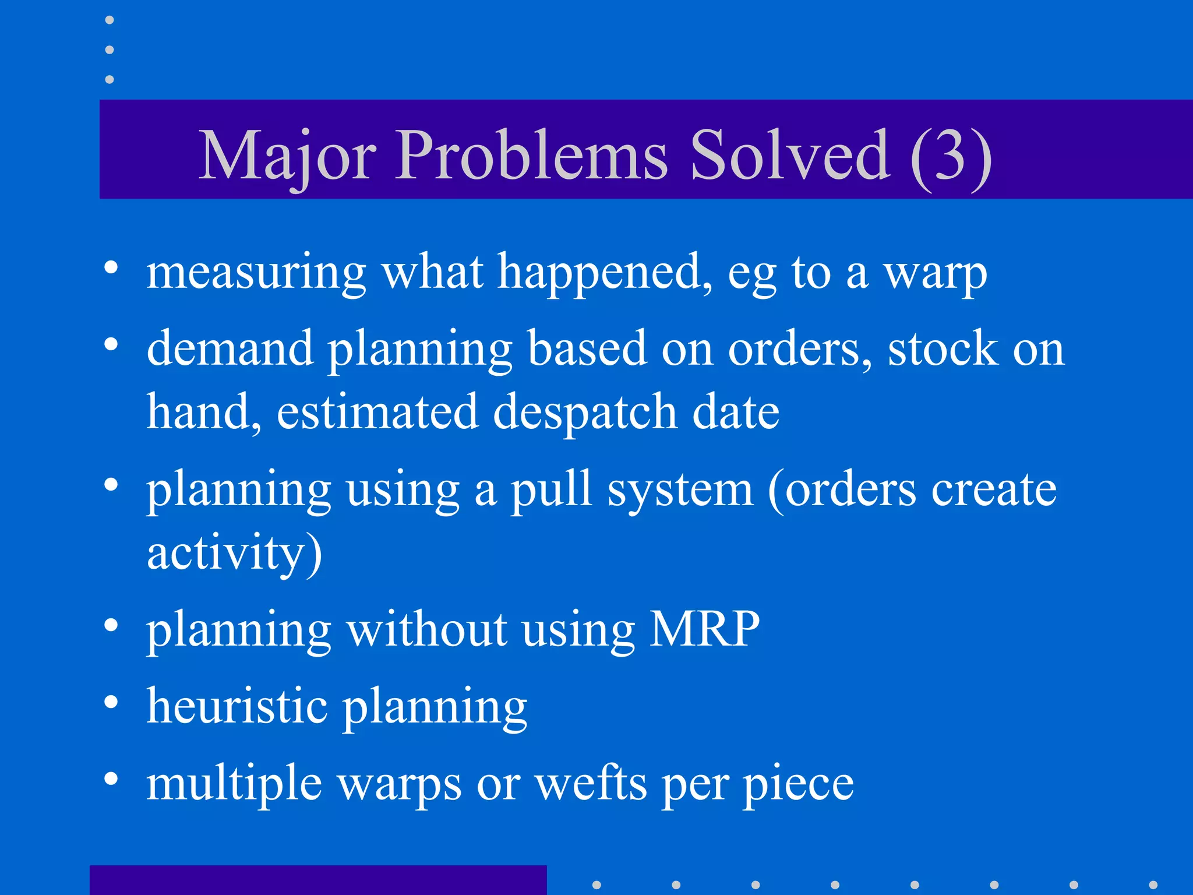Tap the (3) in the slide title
pos(951,156)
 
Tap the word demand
pos(230,348)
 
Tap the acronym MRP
pos(704,629)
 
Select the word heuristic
pos(237,706)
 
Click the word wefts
pos(591,784)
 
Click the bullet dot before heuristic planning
pos(111,702)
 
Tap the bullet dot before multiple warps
pos(111,778)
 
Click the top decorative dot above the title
pos(110,20)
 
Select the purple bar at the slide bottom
pos(318,880)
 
